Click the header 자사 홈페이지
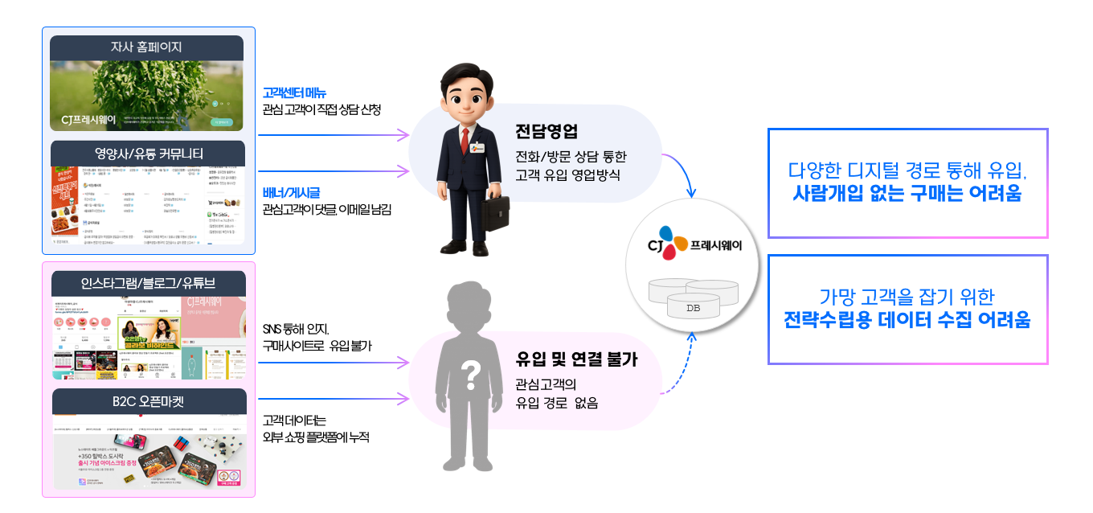pos(146,47)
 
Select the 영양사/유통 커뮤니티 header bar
pos(146,154)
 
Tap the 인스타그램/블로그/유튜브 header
pos(148,283)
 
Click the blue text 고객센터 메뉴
pos(294,93)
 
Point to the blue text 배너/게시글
pos(291,192)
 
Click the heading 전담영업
pos(546,132)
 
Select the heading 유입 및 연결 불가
pos(576,359)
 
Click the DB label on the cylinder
pos(693,308)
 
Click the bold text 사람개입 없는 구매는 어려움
pos(907,193)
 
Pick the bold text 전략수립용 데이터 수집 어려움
pos(907,320)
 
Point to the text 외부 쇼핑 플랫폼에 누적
pos(315,437)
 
